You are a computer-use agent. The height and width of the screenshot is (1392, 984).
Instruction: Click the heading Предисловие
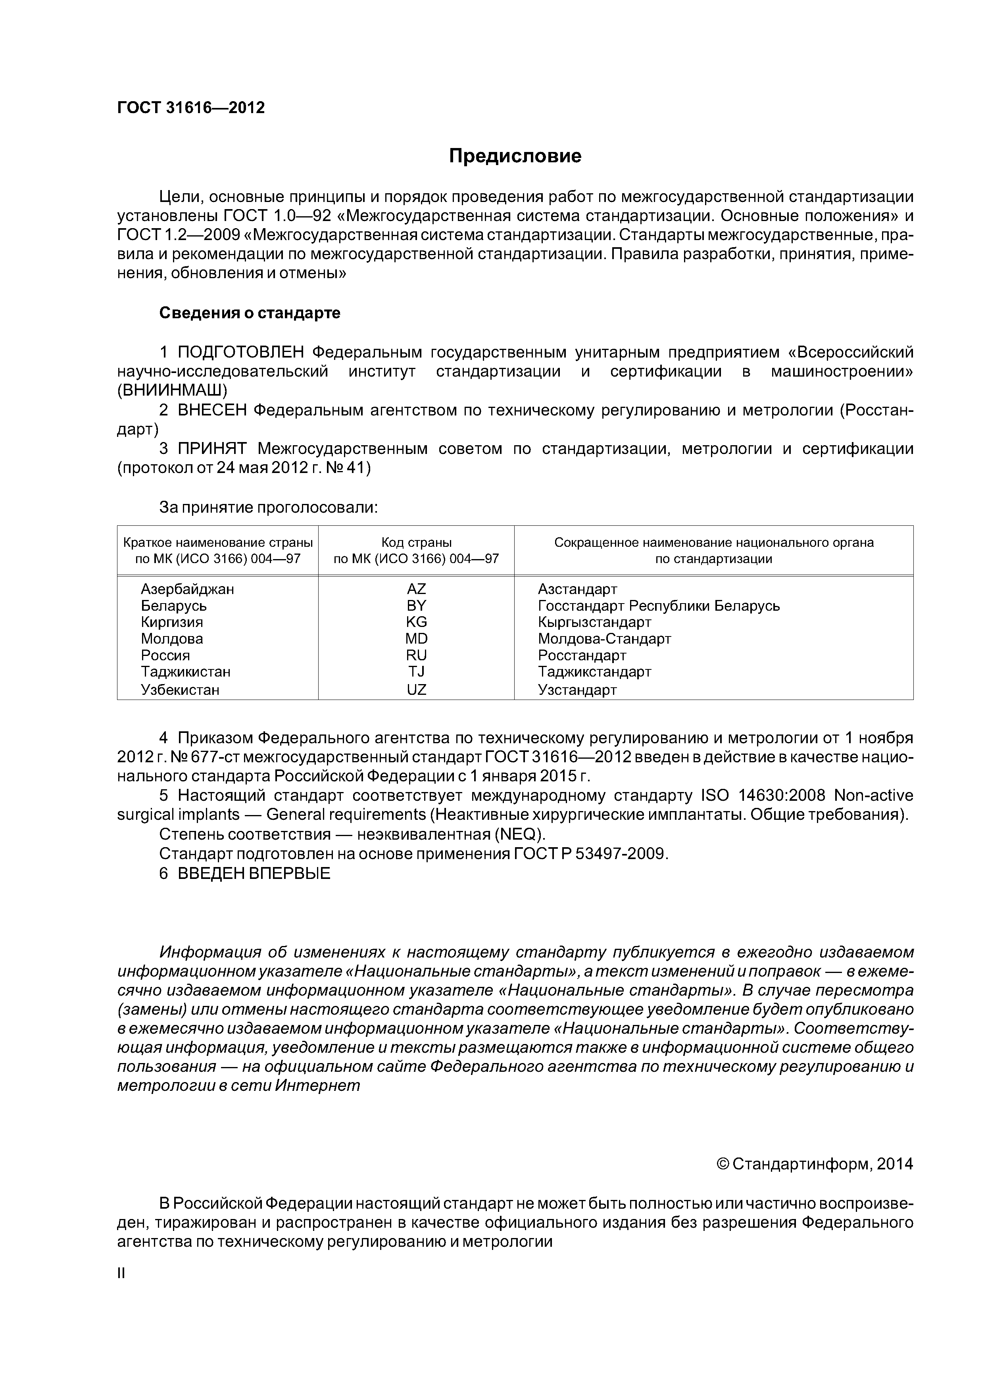[x=515, y=156]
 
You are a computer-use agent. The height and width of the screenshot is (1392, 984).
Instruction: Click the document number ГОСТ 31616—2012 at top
[x=191, y=108]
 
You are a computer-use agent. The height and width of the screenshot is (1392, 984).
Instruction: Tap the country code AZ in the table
[x=417, y=589]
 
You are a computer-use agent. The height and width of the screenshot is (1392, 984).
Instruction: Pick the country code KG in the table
[x=417, y=622]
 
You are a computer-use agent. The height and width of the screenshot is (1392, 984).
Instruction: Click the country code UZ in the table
[x=417, y=689]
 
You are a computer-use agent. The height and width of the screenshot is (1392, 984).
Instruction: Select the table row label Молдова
[x=172, y=638]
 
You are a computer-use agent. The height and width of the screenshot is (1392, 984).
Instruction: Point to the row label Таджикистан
[x=186, y=672]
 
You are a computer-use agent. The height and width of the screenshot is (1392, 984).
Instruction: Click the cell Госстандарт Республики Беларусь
[x=658, y=606]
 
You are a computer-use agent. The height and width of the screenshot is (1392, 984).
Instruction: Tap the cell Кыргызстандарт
[x=594, y=622]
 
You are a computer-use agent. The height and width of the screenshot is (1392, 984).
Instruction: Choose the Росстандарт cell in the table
[x=581, y=656]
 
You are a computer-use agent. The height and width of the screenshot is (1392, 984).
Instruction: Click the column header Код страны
[x=417, y=542]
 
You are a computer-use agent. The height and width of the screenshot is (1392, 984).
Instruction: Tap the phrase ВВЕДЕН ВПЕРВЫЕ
[x=254, y=874]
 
